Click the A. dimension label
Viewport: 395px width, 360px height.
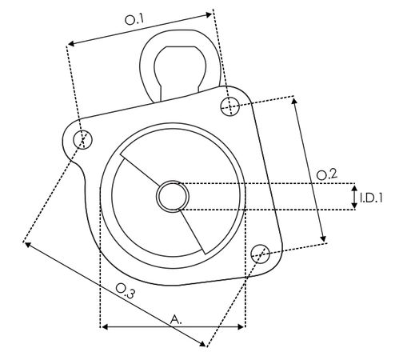click(x=176, y=318)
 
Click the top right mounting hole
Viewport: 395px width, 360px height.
click(x=231, y=106)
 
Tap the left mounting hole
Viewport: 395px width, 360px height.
click(x=82, y=141)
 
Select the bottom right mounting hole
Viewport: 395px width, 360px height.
click(x=259, y=254)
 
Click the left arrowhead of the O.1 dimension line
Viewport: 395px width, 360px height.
click(x=70, y=45)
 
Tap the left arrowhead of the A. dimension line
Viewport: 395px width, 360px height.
click(x=103, y=326)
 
